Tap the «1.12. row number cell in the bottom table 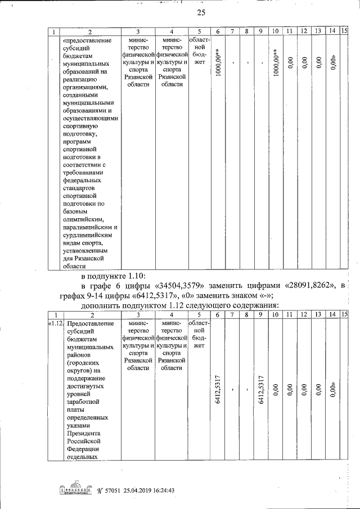pyautogui.click(x=56, y=324)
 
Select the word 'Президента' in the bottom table pyautogui.click(x=83, y=434)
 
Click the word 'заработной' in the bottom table pyautogui.click(x=83, y=402)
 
